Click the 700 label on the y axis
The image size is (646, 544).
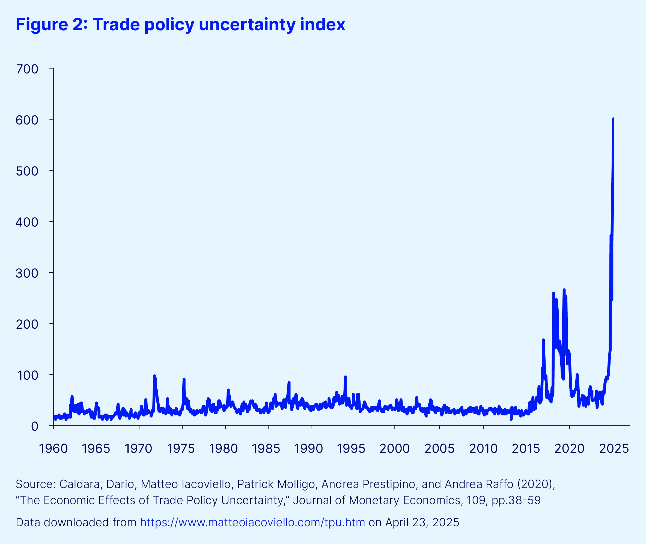pyautogui.click(x=27, y=69)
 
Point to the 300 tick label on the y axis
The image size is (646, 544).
pyautogui.click(x=27, y=273)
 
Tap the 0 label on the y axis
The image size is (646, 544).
pyautogui.click(x=35, y=426)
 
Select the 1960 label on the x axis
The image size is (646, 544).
pyautogui.click(x=53, y=449)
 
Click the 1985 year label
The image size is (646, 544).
pyautogui.click(x=266, y=449)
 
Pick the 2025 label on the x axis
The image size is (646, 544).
pyautogui.click(x=614, y=449)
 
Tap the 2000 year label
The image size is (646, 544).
pyautogui.click(x=394, y=449)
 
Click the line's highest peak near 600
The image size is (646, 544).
pyautogui.click(x=613, y=119)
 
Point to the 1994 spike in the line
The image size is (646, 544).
pyautogui.click(x=345, y=377)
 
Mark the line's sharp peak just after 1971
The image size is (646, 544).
pyautogui.click(x=154, y=376)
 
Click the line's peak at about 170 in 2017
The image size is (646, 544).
pyautogui.click(x=543, y=340)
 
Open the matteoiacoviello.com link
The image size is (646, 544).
pyautogui.click(x=252, y=522)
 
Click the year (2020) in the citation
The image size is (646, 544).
pyautogui.click(x=536, y=484)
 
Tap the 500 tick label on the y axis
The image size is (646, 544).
pyautogui.click(x=27, y=171)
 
